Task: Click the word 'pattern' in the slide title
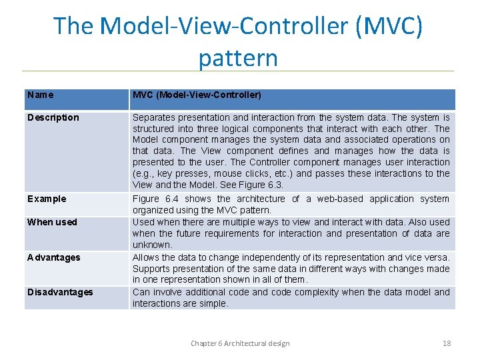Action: click(237, 59)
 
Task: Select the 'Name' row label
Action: click(41, 95)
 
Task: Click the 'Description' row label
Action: click(53, 117)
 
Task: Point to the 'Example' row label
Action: click(47, 199)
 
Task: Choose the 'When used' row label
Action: click(52, 222)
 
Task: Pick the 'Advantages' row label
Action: click(53, 257)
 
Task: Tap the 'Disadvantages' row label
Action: click(60, 292)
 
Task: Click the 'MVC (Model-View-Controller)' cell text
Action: click(197, 95)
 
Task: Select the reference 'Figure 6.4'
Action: click(155, 199)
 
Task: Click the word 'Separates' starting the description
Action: click(152, 117)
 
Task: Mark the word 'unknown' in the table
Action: click(151, 245)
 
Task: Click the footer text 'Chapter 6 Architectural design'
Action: click(240, 343)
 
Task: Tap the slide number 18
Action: click(447, 343)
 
